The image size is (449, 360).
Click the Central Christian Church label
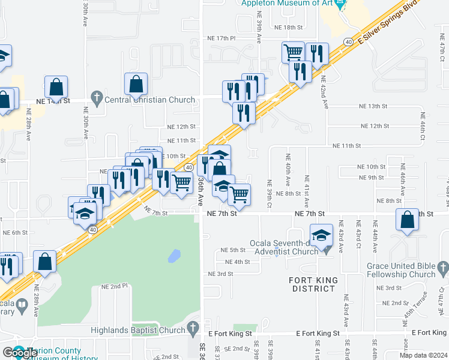tap(150, 100)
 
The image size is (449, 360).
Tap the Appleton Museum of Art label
tap(286, 3)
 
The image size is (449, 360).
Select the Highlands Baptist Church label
tap(138, 330)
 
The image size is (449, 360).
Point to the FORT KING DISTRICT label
tap(313, 284)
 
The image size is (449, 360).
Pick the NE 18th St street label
tap(289, 28)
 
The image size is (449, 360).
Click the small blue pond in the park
tap(173, 257)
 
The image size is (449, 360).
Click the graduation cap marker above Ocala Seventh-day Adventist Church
tap(321, 234)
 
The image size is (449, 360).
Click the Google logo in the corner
tap(19, 353)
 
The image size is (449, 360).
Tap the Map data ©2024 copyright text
tap(423, 355)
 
